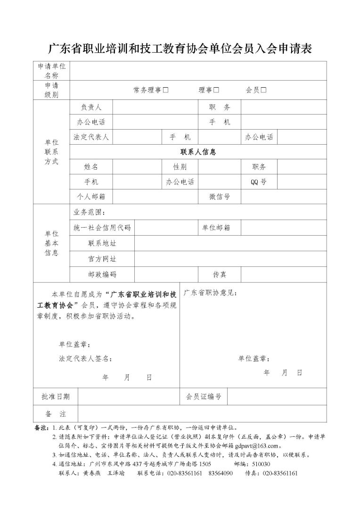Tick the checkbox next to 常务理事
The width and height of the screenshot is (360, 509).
pyautogui.click(x=165, y=90)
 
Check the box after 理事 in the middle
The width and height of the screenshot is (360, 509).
pyautogui.click(x=216, y=90)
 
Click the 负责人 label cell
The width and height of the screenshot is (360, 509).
pyautogui.click(x=91, y=107)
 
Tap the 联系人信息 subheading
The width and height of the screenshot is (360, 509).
pyautogui.click(x=198, y=152)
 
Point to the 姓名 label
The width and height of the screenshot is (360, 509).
pyautogui.click(x=91, y=167)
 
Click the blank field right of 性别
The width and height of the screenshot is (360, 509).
pyautogui.click(x=219, y=167)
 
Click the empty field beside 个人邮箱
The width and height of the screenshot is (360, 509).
pyautogui.click(x=155, y=197)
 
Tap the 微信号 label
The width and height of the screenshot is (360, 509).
pyautogui.click(x=220, y=197)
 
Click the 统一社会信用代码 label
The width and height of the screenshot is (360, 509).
pyautogui.click(x=102, y=228)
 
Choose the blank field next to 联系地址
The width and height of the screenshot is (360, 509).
pyautogui.click(x=230, y=243)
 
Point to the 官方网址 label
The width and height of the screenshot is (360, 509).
pyautogui.click(x=102, y=259)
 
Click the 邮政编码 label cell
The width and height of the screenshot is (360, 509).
pyautogui.click(x=102, y=274)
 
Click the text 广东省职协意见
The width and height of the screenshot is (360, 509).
pyautogui.click(x=210, y=293)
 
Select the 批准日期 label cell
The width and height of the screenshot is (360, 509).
pyautogui.click(x=56, y=397)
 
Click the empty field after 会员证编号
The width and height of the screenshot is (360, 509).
pyautogui.click(x=277, y=397)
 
